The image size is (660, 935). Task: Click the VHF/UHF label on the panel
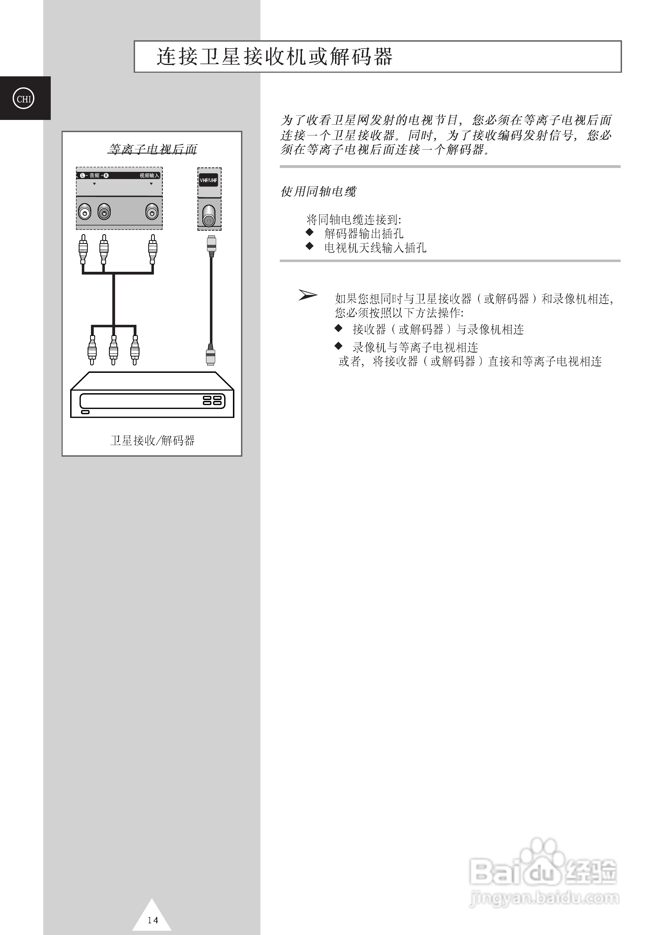(x=208, y=180)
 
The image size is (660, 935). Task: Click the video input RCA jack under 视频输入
(x=152, y=212)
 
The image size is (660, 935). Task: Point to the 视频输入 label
(x=149, y=175)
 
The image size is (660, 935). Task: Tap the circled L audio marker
(x=83, y=175)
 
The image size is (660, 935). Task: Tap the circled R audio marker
(x=106, y=175)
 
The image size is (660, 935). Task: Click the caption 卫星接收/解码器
(x=152, y=440)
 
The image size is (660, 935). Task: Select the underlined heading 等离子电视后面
(x=152, y=149)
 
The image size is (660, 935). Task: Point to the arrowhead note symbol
(x=308, y=295)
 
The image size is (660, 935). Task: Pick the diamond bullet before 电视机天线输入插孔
(x=310, y=246)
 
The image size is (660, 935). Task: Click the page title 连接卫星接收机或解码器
(x=275, y=57)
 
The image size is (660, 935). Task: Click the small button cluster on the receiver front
(x=212, y=400)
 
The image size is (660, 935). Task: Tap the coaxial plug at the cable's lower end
(x=210, y=355)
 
